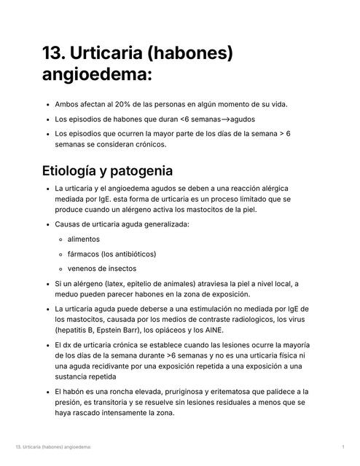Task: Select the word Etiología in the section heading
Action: tap(79, 172)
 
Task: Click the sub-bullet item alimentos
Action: tap(84, 239)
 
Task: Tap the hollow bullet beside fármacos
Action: tap(60, 254)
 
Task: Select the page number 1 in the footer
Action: tap(343, 446)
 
